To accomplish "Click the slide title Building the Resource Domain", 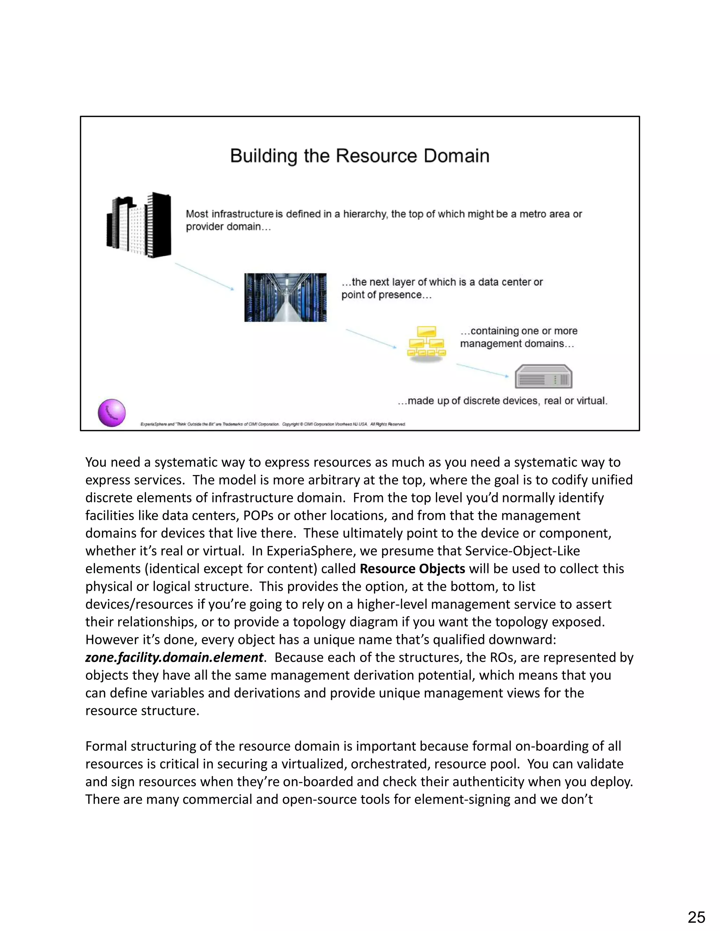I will [x=360, y=156].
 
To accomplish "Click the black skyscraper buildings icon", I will [x=139, y=225].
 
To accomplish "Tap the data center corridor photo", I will [x=285, y=298].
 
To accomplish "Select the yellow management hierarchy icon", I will [x=426, y=342].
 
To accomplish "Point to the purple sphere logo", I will [x=112, y=413].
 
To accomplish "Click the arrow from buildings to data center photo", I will [x=204, y=276].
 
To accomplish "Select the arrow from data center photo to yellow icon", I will [x=371, y=338].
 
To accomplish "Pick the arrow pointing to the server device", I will [x=482, y=370].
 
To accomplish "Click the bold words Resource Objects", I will [x=412, y=569].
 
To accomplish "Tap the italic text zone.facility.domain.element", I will [x=174, y=657].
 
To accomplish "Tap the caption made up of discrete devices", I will [x=502, y=401].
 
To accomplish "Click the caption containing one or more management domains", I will [x=518, y=337].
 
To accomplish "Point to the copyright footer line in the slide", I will [x=273, y=424].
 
